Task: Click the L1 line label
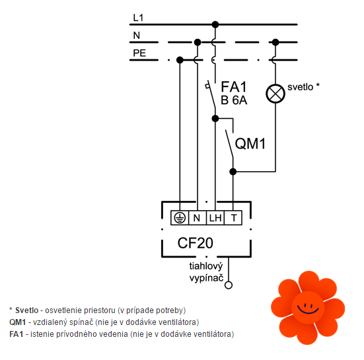[138, 18]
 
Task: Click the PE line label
[139, 53]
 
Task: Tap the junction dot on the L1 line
[215, 24]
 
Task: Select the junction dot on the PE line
[180, 60]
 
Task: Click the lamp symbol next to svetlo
[275, 94]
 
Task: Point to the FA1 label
[234, 87]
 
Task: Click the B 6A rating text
[234, 100]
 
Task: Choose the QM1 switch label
[250, 143]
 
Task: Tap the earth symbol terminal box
[180, 218]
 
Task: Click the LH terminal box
[215, 218]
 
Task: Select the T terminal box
[233, 218]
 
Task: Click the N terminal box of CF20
[198, 218]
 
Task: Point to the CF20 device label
[196, 243]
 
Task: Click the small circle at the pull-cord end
[229, 285]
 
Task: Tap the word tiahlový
[206, 266]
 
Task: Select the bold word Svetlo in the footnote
[27, 310]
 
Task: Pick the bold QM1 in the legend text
[18, 322]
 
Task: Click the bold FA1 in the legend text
[17, 334]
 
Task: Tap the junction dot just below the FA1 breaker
[215, 119]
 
